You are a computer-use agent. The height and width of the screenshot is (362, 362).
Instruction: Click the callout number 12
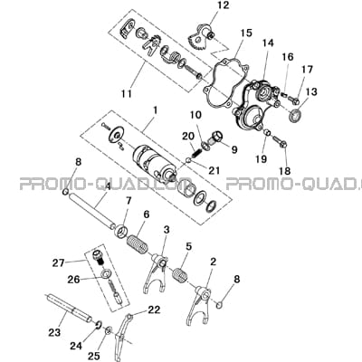tap(223, 5)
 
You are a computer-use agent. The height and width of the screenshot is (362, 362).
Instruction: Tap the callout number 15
tap(246, 33)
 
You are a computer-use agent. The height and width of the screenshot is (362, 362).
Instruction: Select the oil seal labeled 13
tap(295, 117)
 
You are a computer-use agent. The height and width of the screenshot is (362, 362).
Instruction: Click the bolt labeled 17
tap(292, 99)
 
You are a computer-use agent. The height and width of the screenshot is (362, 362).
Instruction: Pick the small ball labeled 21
tap(188, 161)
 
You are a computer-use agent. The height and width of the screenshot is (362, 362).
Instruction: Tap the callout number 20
tap(188, 137)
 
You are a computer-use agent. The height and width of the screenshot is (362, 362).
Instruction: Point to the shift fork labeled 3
tap(158, 271)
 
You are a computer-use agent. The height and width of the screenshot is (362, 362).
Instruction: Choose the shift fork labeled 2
tap(200, 305)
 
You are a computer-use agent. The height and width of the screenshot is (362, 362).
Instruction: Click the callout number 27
tap(58, 262)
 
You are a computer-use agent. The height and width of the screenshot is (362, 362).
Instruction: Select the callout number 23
tap(54, 332)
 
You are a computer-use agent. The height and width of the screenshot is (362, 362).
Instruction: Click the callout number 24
tap(76, 346)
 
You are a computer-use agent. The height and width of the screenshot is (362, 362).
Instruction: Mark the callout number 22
tap(154, 310)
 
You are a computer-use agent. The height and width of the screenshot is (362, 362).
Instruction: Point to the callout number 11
tap(127, 93)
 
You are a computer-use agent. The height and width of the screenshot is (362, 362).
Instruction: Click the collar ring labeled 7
tap(120, 232)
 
